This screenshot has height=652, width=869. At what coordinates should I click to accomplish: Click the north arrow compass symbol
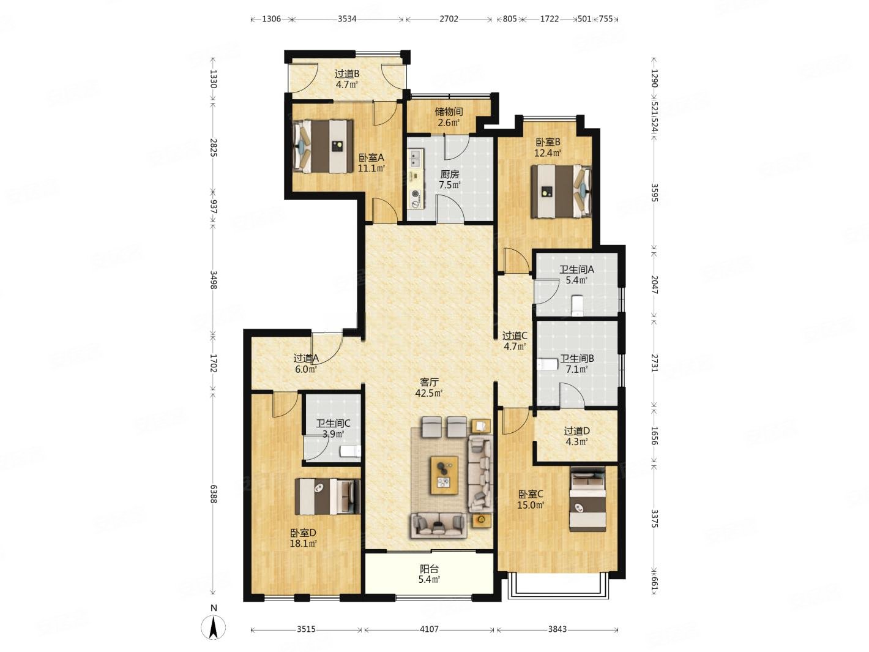click(214, 628)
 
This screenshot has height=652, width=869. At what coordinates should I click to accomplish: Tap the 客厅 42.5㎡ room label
click(428, 388)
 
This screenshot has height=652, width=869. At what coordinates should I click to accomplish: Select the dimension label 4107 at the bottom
click(429, 629)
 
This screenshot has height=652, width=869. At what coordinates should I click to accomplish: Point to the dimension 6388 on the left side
click(214, 494)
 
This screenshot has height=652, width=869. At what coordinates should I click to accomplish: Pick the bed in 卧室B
click(561, 191)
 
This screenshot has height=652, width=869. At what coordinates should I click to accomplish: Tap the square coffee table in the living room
click(444, 474)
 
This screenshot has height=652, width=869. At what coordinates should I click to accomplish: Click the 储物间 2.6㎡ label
click(449, 117)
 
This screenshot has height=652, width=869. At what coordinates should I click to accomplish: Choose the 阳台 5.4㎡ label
click(429, 574)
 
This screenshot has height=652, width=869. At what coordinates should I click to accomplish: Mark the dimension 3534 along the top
click(347, 18)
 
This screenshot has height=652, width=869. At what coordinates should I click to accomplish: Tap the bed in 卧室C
click(587, 499)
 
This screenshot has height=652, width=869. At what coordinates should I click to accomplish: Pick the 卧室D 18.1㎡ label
click(304, 538)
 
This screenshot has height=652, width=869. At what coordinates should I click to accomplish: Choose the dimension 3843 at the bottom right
click(558, 629)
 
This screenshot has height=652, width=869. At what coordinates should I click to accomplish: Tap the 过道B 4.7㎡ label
click(347, 79)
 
